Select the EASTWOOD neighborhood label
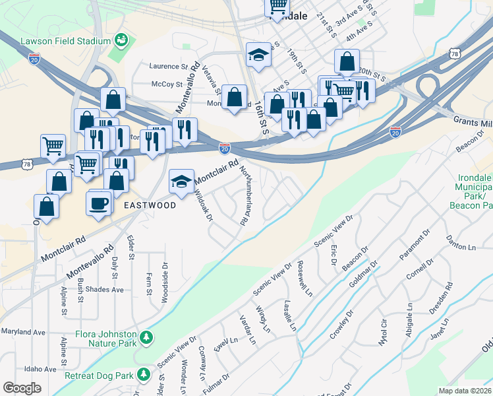click(x=150, y=205)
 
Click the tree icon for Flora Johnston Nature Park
click(x=148, y=338)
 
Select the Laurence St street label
click(x=169, y=66)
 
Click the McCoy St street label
click(x=166, y=84)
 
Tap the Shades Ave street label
click(x=107, y=290)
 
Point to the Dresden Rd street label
click(x=449, y=295)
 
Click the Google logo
click(x=22, y=388)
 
